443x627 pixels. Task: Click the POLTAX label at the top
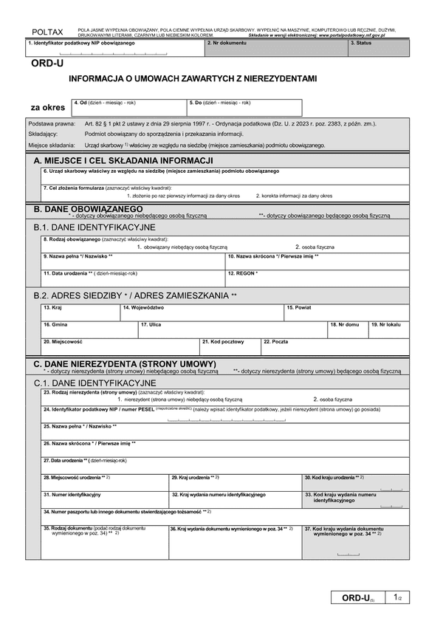click(x=48, y=32)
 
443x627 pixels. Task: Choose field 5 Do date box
click(x=244, y=108)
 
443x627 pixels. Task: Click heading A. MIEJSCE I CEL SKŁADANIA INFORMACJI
click(x=124, y=160)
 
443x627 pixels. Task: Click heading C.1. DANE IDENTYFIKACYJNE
click(x=95, y=383)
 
